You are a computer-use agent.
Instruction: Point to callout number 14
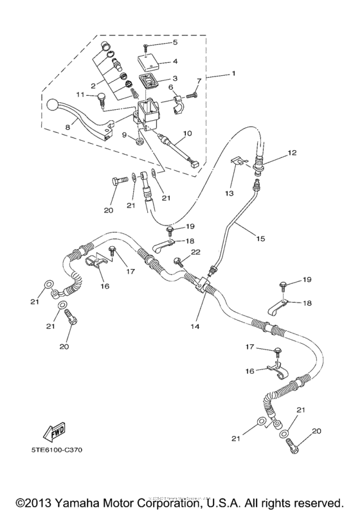click(194, 326)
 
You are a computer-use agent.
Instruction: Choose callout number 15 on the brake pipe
click(260, 238)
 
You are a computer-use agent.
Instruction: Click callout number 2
click(93, 85)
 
